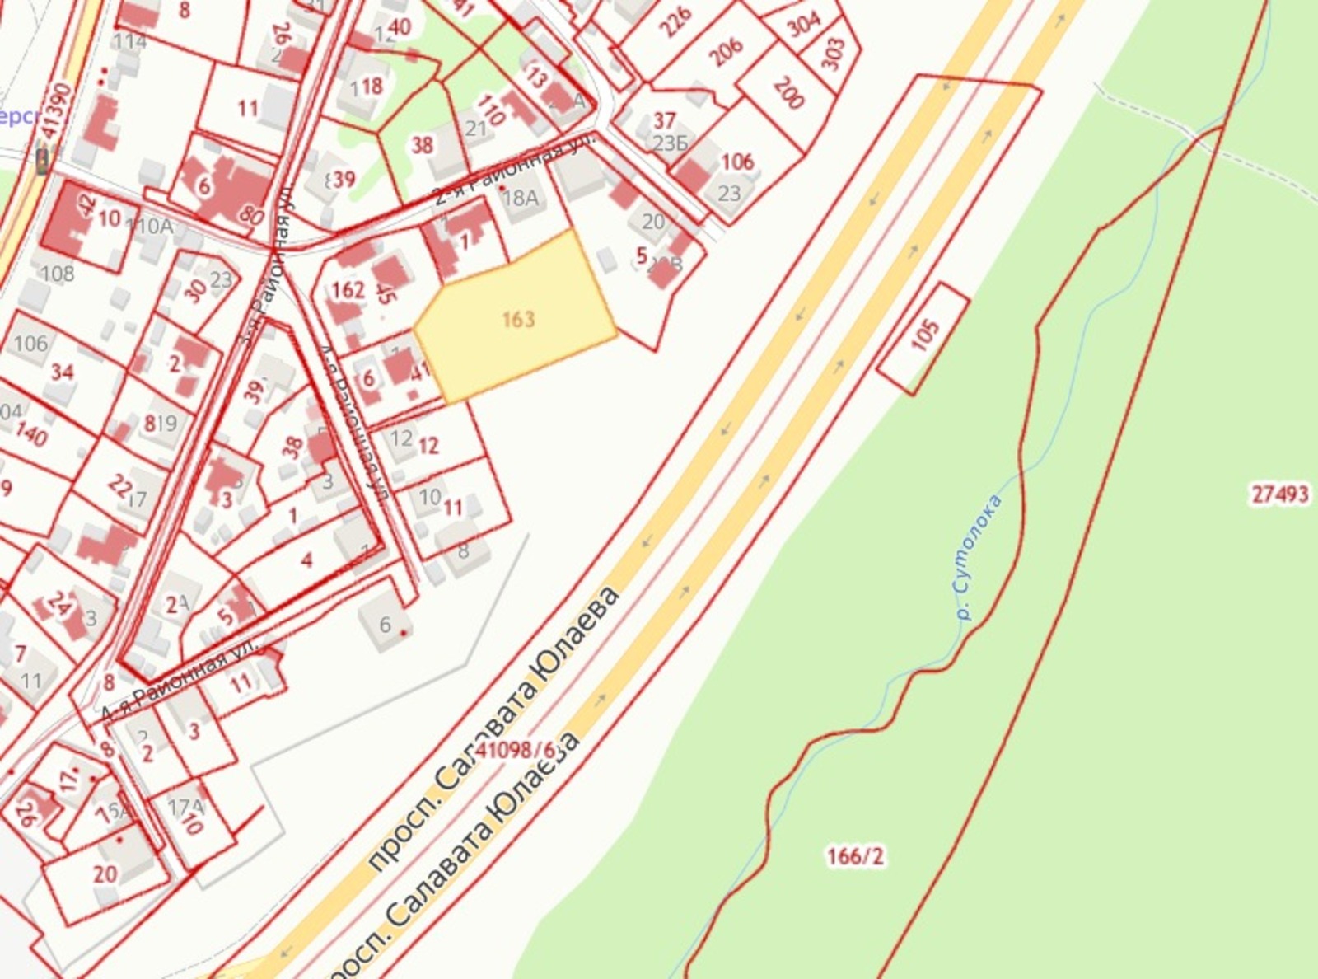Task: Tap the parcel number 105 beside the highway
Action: [x=925, y=335]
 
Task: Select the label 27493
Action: [x=1279, y=494]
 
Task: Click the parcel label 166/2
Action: [x=855, y=857]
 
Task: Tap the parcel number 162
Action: [x=348, y=289]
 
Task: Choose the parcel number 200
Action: [x=788, y=93]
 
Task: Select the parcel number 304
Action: [x=803, y=25]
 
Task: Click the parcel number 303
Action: [x=833, y=54]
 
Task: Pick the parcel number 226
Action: [x=676, y=23]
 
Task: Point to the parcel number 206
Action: [x=726, y=52]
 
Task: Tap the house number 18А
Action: [x=520, y=197]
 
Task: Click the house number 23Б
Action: [x=670, y=143]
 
